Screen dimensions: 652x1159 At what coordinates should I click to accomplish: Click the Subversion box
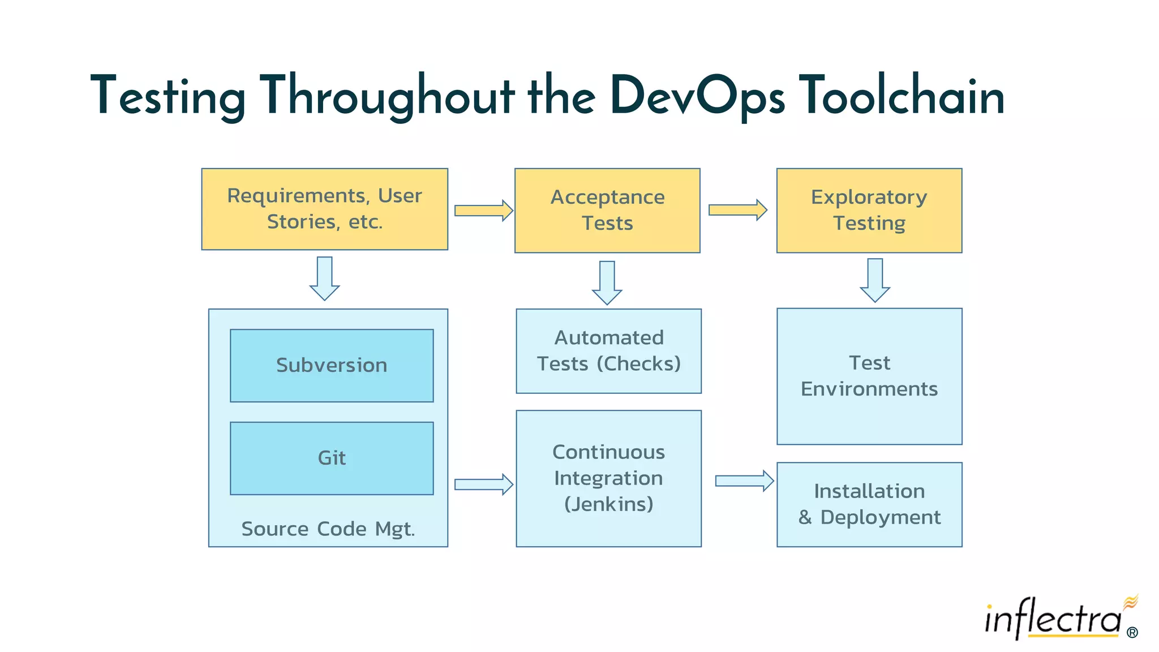332,366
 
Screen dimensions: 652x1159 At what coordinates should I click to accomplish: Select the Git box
332,458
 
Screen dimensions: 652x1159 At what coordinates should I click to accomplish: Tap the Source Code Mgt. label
328,529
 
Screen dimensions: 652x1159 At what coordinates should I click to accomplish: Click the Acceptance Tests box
607,210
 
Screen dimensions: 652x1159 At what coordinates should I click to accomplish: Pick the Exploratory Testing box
869,210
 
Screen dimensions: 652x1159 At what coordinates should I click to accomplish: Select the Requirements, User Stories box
324,209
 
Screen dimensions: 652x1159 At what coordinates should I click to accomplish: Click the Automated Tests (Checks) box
608,351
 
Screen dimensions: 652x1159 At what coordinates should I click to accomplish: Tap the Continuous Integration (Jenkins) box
608,478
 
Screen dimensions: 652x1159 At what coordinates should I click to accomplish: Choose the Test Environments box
869,376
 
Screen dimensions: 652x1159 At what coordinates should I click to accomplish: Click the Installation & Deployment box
869,504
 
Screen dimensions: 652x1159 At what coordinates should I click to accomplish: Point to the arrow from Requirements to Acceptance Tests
483,211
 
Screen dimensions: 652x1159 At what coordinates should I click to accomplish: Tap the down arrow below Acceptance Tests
607,282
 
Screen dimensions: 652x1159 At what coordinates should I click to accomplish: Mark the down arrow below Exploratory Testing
874,280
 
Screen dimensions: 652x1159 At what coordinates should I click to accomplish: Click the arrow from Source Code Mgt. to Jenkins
483,484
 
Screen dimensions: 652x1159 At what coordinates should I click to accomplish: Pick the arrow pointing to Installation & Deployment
744,481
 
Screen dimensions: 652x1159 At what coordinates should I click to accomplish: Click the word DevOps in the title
697,96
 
